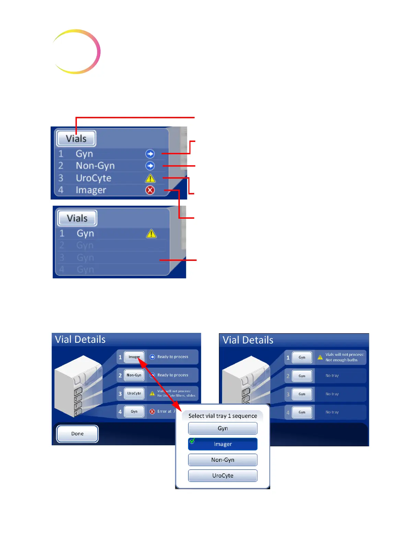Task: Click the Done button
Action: tap(78, 434)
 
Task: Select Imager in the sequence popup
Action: tap(223, 444)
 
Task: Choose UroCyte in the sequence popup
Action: tap(223, 475)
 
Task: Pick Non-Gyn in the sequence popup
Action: tap(223, 460)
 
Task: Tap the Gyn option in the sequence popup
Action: tap(223, 428)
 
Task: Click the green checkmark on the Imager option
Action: tap(192, 441)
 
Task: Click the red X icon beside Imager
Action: tap(150, 190)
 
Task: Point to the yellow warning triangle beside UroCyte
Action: tap(150, 178)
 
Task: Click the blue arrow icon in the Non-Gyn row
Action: tap(150, 166)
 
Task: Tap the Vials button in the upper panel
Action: tap(76, 138)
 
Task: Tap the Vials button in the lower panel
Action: tap(77, 218)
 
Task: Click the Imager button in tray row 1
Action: tap(134, 357)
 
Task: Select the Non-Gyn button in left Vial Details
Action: tap(134, 375)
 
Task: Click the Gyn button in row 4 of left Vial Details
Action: tap(134, 411)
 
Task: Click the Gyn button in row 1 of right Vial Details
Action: tap(302, 357)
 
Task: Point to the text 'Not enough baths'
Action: tap(341, 360)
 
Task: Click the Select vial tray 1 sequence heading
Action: tap(223, 416)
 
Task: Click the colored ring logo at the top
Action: tap(76, 51)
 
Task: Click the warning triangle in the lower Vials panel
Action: tap(151, 234)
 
